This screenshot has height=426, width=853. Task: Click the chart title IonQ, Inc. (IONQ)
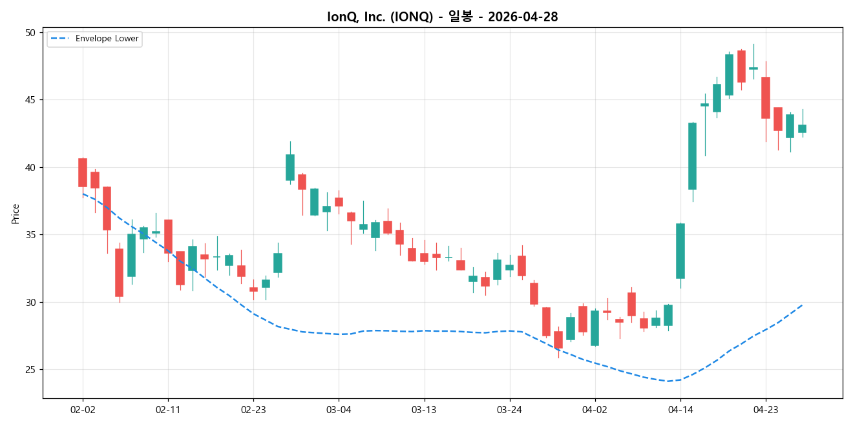[x=380, y=17]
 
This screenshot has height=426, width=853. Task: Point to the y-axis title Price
[x=16, y=214]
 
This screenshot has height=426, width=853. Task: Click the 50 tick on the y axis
[x=32, y=32]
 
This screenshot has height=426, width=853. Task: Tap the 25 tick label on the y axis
[x=32, y=370]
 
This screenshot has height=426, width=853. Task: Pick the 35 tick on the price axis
[x=32, y=235]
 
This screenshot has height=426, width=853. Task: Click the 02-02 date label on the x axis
[x=83, y=409]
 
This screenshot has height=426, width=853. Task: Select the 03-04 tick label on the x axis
[x=339, y=409]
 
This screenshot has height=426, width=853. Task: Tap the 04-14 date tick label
[x=680, y=409]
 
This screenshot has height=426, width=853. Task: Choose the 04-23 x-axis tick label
[x=766, y=409]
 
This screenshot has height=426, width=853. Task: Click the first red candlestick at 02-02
[x=83, y=172]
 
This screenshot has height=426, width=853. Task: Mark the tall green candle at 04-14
[x=680, y=250]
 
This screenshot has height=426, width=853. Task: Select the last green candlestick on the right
[x=802, y=128]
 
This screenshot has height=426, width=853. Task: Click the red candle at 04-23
[x=766, y=97]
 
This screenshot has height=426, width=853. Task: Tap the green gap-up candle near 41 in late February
[x=290, y=167]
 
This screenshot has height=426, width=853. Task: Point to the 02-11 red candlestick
[x=168, y=236]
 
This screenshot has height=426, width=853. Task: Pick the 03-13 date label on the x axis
[x=424, y=409]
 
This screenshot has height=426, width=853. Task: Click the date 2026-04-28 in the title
[x=523, y=17]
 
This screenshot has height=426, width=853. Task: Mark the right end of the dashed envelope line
[x=802, y=305]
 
